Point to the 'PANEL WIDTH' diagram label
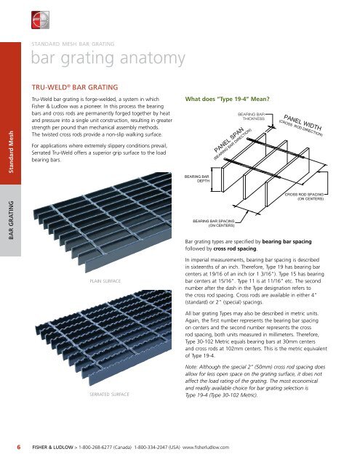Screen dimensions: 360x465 point(307,124)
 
